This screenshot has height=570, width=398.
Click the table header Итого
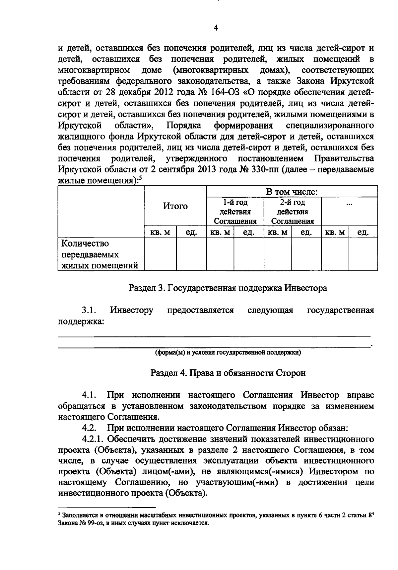click(x=175, y=206)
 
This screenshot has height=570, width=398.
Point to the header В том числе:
click(x=292, y=192)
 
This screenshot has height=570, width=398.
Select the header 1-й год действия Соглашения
click(x=235, y=212)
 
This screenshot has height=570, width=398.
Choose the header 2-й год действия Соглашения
click(x=293, y=212)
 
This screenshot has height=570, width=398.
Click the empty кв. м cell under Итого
click(x=160, y=254)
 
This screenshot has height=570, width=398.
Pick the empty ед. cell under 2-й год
click(x=306, y=254)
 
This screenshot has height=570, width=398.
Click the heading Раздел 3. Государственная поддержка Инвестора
click(x=228, y=288)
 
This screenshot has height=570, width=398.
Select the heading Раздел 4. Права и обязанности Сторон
click(x=228, y=373)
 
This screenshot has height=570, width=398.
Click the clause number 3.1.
click(x=89, y=310)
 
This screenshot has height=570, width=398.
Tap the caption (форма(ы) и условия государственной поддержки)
click(x=228, y=353)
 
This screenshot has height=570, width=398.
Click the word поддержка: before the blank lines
click(x=81, y=322)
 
